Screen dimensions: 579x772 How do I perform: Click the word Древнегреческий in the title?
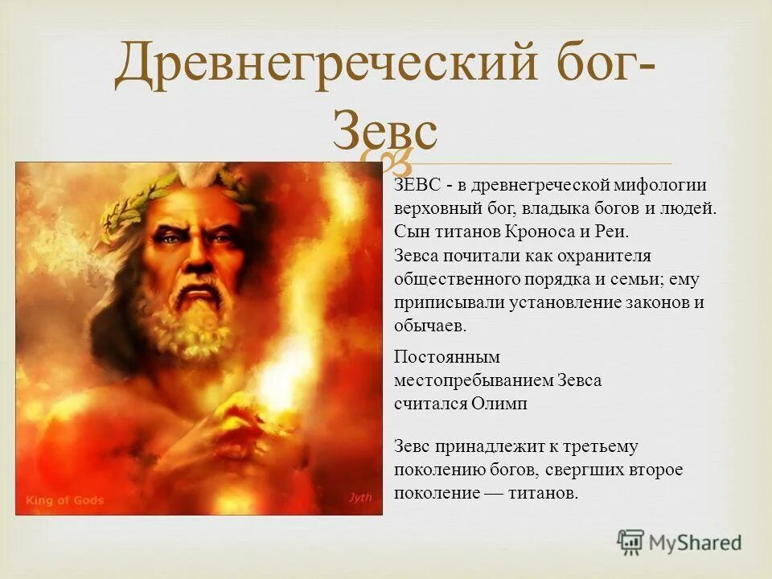(x=326, y=67)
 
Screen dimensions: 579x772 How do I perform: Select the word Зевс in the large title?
(x=385, y=131)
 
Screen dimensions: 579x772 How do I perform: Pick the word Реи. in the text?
(x=609, y=232)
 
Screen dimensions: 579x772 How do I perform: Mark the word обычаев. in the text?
(x=430, y=326)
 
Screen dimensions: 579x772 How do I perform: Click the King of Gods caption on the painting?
(x=65, y=500)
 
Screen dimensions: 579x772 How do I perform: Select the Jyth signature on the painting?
(x=360, y=498)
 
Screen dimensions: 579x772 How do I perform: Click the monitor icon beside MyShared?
(x=630, y=543)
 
